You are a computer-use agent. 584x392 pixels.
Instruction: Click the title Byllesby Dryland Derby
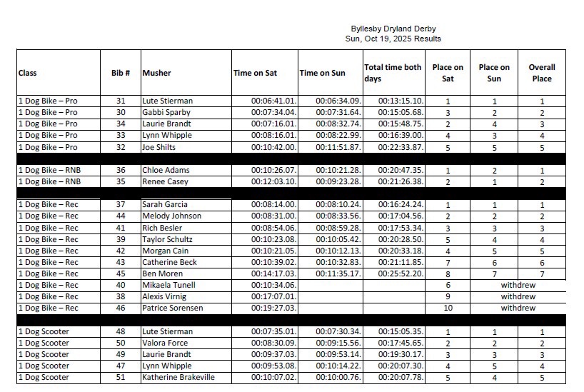click(392, 29)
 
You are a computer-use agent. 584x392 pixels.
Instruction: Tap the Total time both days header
click(393, 73)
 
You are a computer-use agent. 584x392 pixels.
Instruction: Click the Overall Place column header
click(541, 73)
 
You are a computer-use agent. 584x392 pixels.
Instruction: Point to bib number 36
click(121, 170)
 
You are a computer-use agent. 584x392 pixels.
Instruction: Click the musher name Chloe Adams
click(166, 170)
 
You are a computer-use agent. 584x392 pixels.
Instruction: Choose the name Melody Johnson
click(172, 216)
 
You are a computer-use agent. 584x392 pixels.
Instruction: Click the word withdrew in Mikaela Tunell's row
click(518, 285)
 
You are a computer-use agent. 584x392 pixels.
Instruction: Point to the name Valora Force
click(167, 343)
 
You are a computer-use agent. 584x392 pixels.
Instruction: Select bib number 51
click(121, 377)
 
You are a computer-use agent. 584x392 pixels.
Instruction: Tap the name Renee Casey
click(166, 181)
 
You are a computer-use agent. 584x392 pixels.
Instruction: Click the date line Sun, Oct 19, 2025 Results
click(393, 39)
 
